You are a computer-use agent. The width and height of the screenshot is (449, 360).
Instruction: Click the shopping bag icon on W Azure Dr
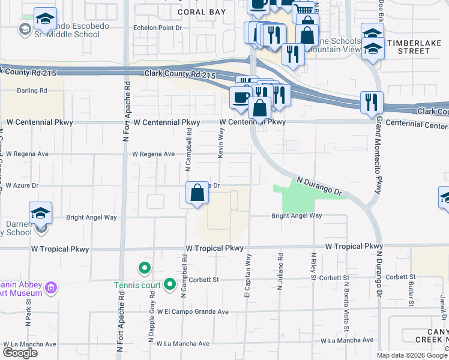[x=197, y=193]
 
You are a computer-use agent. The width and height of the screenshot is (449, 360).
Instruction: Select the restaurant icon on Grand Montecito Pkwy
[x=372, y=103]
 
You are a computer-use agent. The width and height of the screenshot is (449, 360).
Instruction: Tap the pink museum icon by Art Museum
[x=52, y=289]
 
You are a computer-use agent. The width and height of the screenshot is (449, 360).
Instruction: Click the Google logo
[x=20, y=353]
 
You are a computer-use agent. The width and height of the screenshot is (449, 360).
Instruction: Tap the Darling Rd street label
[x=32, y=91]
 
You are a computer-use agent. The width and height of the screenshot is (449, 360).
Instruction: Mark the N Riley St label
[x=313, y=268]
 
